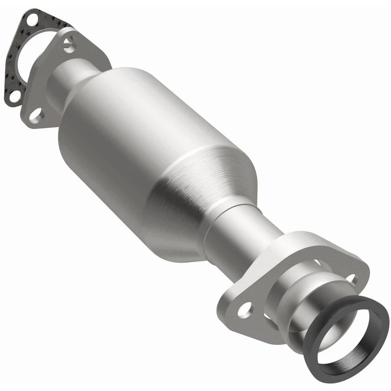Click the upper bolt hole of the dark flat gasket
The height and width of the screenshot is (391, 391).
coord(31,18)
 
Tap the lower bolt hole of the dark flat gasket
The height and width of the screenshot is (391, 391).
coord(14,96)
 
